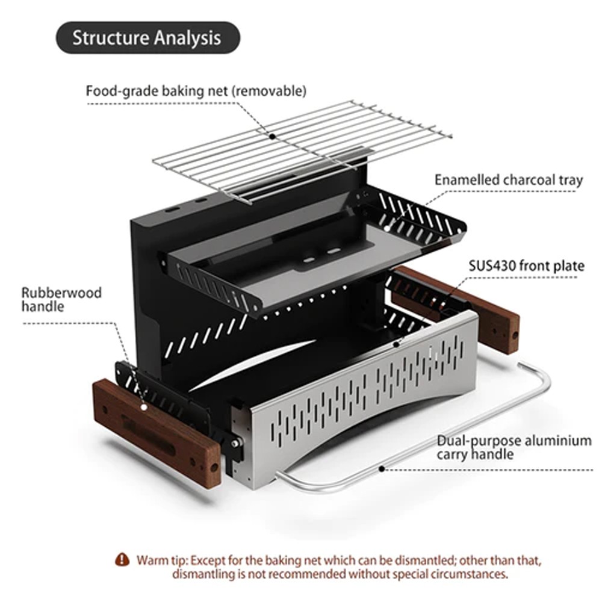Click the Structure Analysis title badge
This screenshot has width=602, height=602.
coord(147,38)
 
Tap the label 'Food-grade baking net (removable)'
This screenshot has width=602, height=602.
coord(196,92)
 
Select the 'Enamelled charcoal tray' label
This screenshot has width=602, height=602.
coord(509,179)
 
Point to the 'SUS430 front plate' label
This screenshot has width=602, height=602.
coord(526,265)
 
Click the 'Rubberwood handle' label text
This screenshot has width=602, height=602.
coord(61,299)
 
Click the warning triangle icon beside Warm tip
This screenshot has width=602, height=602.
coord(123,559)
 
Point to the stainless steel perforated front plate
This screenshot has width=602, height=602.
coord(361,397)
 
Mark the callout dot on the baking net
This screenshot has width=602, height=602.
coord(273,137)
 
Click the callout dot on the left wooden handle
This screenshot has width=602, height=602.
coord(144,407)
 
